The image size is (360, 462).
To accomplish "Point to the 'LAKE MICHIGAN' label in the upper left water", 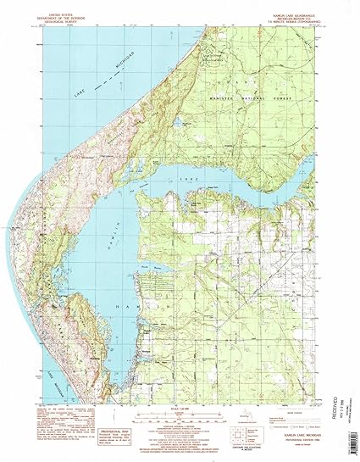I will click(x=93, y=89).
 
